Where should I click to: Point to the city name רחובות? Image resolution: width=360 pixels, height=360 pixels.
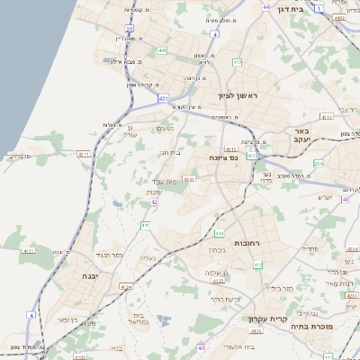tap(247, 244)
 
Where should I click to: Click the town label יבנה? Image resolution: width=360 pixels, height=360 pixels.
tap(91, 276)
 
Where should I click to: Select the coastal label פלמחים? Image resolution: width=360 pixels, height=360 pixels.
tap(19, 157)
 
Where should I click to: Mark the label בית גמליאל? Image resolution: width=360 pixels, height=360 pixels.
tap(143, 319)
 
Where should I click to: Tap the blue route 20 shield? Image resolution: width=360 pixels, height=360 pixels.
tap(130, 30)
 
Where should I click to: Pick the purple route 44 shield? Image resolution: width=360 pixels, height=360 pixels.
tap(265, 7)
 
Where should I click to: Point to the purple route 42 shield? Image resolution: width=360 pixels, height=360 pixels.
tap(154, 202)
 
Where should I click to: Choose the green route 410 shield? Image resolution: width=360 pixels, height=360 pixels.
tap(145, 225)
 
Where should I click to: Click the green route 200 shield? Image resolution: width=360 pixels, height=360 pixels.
tap(318, 164)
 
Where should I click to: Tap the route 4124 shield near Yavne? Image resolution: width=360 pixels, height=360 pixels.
tap(126, 287)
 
